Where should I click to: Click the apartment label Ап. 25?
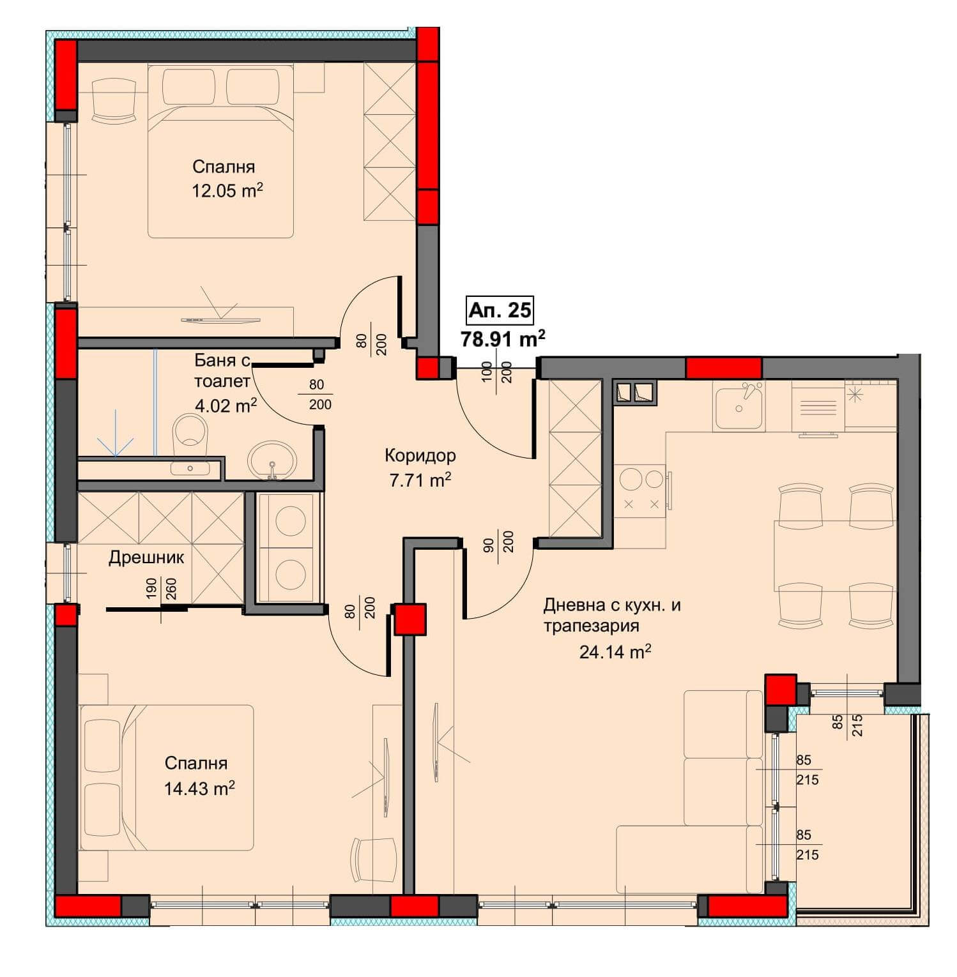coord(500,310)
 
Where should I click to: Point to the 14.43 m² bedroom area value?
coord(199,788)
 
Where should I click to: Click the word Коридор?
coord(420,455)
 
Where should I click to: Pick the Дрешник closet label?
coord(146,557)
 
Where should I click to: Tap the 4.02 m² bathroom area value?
coord(226,405)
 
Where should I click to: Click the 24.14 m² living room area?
coord(615,652)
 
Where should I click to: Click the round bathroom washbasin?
coord(272,460)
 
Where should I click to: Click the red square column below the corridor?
coord(410,619)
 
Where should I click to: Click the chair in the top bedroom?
coord(114,100)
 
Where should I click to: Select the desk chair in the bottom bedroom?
coord(374,860)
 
